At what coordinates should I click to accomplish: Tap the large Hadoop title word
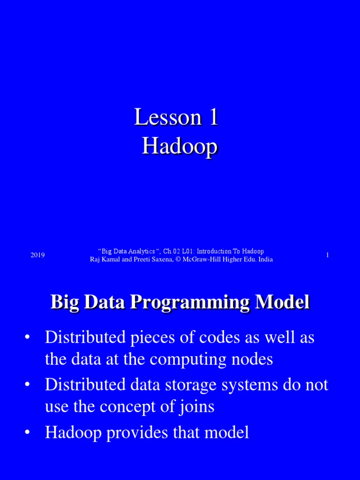(180, 147)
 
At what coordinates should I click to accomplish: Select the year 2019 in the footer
(37, 255)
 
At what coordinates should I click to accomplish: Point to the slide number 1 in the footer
(327, 255)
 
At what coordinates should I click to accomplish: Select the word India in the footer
(265, 260)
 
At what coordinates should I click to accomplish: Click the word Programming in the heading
(192, 302)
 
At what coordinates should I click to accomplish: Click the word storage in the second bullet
(175, 385)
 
